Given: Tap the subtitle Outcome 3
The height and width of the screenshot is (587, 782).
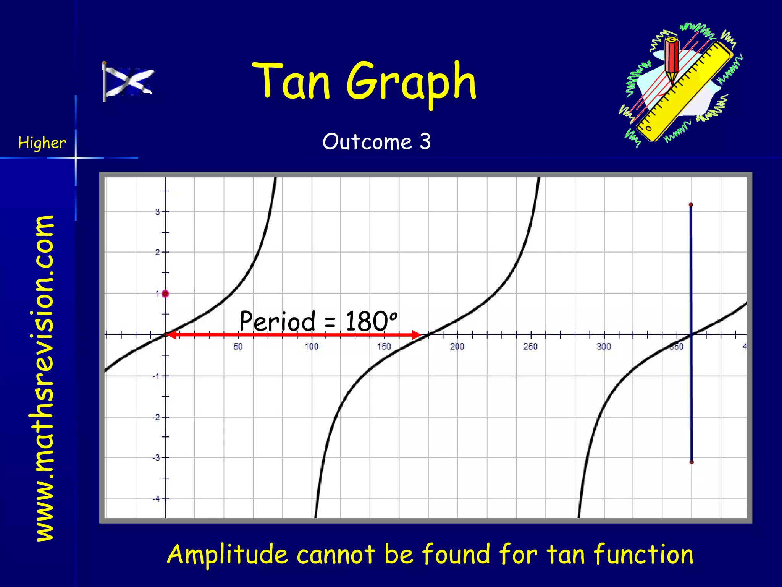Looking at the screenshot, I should (376, 142).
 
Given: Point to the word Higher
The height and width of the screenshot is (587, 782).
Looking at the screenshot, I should (42, 143).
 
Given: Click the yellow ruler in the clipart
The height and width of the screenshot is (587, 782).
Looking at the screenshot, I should (685, 92).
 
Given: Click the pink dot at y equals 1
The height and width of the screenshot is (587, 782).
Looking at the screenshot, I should (165, 294).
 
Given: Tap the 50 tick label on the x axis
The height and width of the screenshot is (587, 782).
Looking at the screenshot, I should (238, 347).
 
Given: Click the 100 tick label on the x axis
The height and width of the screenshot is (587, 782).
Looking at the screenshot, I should (311, 347).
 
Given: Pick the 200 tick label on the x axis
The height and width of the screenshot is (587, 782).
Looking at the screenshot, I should (457, 347).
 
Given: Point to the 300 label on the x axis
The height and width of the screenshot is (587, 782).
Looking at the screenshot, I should (604, 347).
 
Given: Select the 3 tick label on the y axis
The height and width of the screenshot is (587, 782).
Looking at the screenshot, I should (157, 212).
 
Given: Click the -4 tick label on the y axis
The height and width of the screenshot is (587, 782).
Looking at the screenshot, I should (156, 499).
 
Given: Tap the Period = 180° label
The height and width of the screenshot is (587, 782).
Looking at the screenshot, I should (318, 321).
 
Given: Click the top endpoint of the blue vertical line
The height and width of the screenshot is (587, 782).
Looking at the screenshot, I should (691, 205).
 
